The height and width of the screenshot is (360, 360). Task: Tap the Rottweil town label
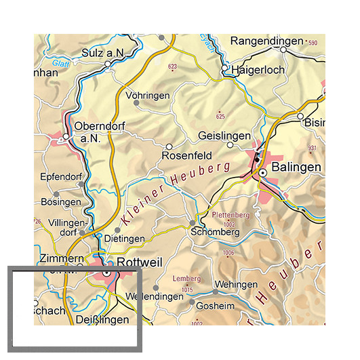(x=140, y=262)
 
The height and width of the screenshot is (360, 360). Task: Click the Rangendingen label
(x=267, y=41)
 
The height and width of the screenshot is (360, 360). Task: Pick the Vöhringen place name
(x=148, y=96)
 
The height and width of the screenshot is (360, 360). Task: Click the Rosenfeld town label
(x=182, y=156)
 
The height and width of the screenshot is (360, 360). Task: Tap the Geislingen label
(x=224, y=136)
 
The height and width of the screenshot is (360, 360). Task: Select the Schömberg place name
(x=216, y=232)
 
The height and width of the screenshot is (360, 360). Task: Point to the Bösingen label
(x=60, y=202)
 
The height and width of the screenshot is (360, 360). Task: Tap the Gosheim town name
(x=215, y=306)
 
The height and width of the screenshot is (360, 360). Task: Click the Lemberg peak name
(x=188, y=279)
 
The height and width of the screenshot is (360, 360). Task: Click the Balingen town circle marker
(x=262, y=173)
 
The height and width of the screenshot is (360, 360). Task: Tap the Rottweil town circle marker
(x=106, y=275)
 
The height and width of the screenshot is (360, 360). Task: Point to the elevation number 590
(x=312, y=43)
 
